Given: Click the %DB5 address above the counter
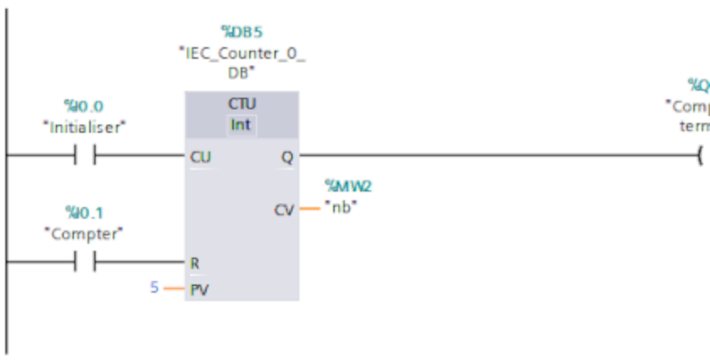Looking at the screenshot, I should point(241,33).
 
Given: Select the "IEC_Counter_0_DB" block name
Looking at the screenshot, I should point(241,61).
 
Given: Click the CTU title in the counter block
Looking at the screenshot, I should point(241,103).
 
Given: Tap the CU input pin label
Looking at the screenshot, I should point(201,156).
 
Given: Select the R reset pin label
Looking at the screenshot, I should point(195,262).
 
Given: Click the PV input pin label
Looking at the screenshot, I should point(200,289).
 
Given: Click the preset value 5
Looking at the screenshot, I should point(154,289).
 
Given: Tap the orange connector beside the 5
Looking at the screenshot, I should point(173,289).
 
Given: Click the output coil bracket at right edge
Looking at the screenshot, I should point(700,156).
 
